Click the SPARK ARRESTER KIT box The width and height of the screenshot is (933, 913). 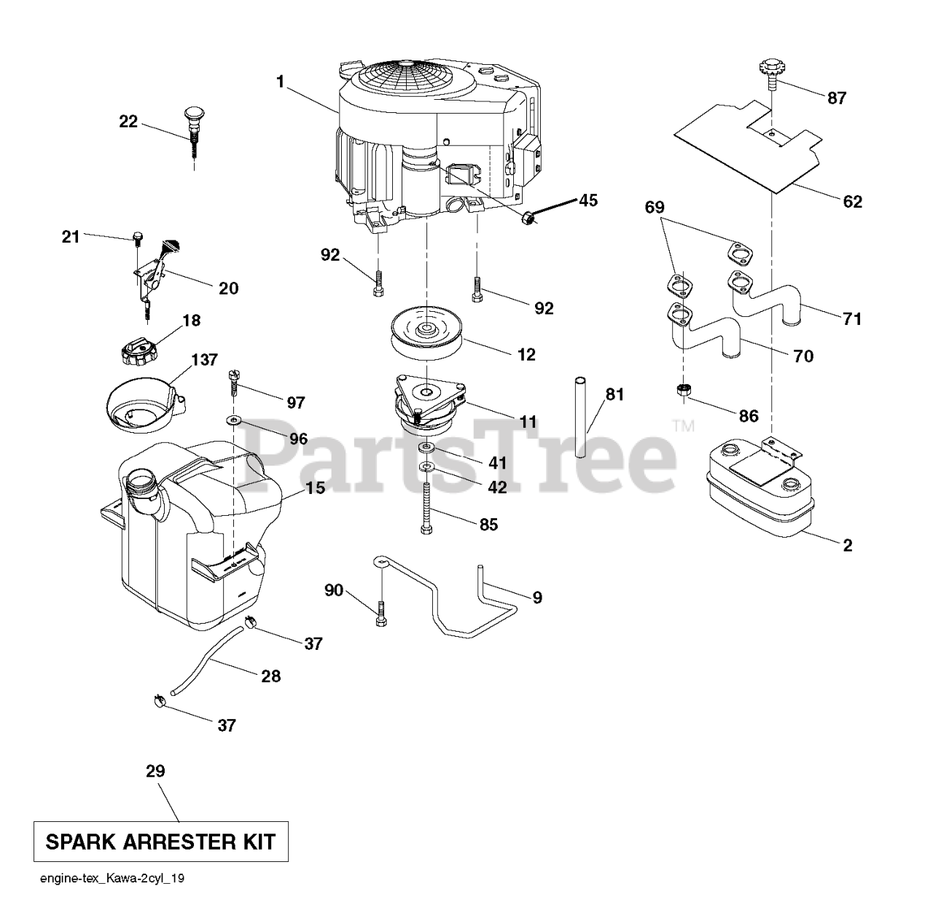pos(160,842)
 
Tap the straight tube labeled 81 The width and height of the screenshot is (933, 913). pos(580,417)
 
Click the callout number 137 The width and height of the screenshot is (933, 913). pos(204,361)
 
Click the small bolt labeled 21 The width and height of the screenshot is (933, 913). pos(137,238)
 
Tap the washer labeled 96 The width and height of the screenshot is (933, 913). pos(235,420)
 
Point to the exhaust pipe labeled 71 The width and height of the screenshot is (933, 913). pos(768,298)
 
